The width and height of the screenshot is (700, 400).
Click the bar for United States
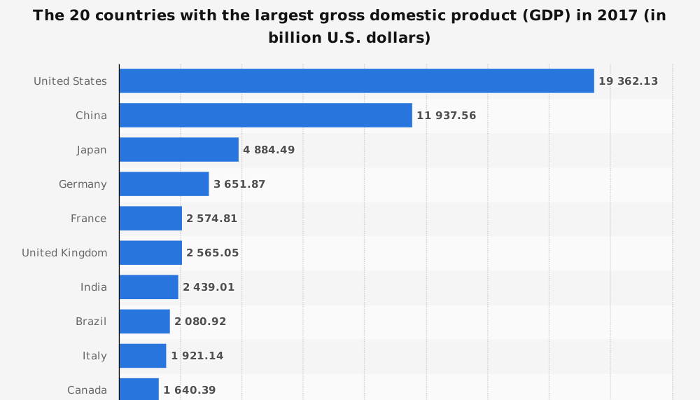[356, 81]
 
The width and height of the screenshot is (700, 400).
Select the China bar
[265, 115]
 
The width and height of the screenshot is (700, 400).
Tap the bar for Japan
[178, 149]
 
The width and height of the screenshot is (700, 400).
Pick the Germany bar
[164, 184]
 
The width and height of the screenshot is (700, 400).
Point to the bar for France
[150, 219]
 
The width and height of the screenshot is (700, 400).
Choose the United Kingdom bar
[150, 253]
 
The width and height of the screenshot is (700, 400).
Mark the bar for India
[148, 287]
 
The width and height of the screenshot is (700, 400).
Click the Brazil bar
[144, 322]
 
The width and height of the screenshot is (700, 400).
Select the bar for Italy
[143, 356]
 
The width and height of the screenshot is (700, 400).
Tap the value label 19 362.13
[628, 81]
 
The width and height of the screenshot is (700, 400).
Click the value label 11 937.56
[446, 116]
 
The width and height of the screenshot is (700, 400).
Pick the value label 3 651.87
[239, 184]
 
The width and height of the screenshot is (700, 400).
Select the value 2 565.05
[212, 253]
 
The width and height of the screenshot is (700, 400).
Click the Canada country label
[87, 390]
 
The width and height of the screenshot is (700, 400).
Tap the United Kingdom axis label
[64, 253]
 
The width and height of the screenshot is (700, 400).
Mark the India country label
[94, 287]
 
